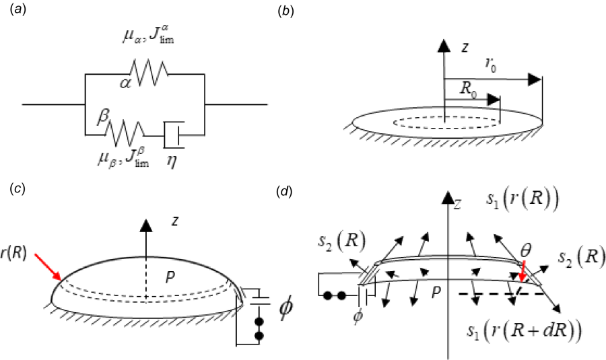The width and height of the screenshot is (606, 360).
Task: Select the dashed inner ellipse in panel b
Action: (446, 122)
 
